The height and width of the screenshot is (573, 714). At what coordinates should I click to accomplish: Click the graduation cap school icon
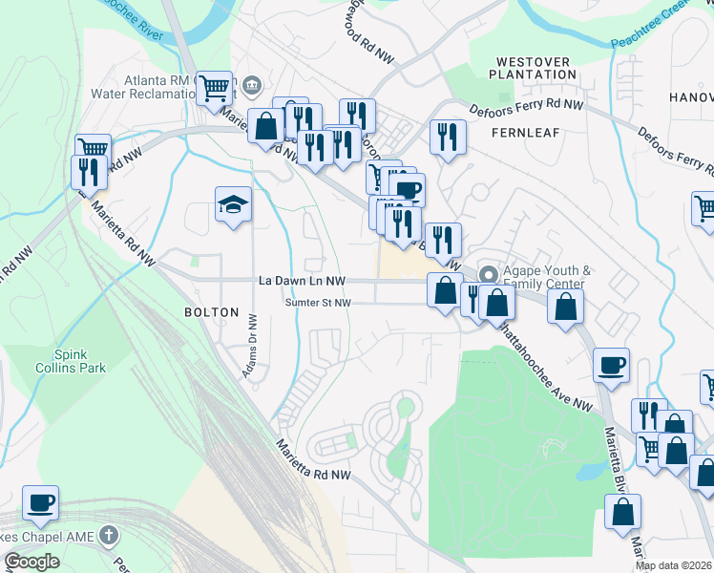(233, 204)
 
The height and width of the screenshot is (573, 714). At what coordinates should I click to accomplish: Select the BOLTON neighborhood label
(211, 312)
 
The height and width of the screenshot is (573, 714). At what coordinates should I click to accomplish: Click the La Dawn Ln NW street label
(300, 281)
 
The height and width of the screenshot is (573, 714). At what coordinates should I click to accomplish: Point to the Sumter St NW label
(318, 303)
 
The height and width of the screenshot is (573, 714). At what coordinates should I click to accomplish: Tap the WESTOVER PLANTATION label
(534, 68)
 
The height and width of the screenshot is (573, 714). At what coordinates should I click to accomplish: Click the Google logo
(31, 562)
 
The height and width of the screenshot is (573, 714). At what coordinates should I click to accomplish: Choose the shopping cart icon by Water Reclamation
(216, 88)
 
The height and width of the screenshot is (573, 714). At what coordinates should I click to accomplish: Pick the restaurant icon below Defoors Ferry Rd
(447, 136)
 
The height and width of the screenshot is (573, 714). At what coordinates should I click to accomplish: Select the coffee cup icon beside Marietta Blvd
(611, 364)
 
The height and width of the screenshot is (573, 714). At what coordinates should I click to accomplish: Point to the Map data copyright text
(674, 565)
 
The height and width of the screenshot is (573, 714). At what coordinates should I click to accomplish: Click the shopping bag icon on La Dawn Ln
(445, 290)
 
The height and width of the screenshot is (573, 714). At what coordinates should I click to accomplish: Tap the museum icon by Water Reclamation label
(251, 86)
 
